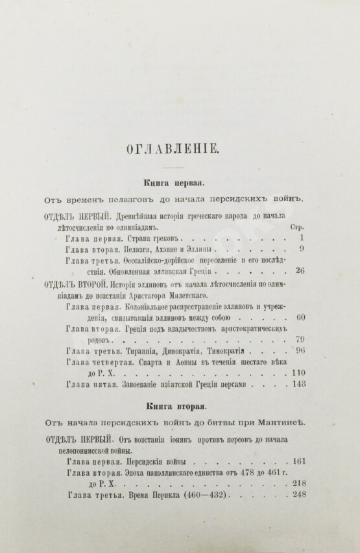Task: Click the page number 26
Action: (299, 269)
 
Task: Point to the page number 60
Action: (299, 318)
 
